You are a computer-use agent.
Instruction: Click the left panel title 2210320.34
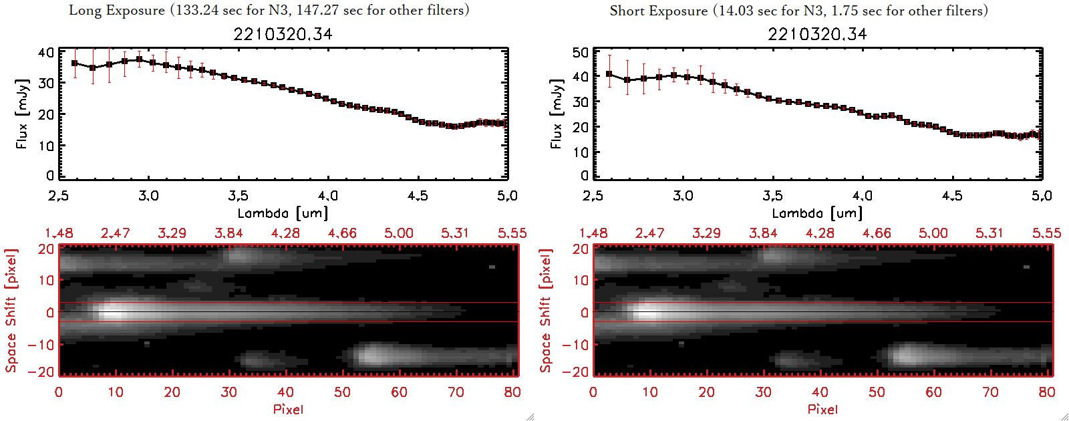283,34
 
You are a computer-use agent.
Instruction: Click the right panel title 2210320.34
817,34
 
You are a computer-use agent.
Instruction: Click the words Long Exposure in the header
117,10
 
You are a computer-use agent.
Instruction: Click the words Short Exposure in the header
658,11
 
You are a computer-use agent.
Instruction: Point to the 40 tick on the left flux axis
46,52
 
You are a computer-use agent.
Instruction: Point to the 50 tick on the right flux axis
581,52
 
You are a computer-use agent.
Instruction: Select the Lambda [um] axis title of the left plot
283,213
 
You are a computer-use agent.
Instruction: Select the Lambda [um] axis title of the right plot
817,213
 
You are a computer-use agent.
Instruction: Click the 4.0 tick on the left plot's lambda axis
327,196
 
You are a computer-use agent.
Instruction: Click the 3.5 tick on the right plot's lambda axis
772,196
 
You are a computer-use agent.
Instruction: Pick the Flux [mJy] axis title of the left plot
22,114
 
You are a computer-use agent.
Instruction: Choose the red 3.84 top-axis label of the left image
228,233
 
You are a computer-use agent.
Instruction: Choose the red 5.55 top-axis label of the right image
1046,233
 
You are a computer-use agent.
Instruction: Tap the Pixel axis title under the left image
288,409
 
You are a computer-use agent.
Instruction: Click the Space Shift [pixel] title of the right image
546,311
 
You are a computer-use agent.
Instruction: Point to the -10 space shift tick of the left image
41,345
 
